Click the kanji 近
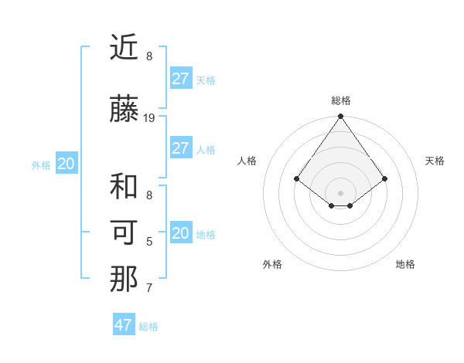[124, 49]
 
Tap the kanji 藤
[124, 110]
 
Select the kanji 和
[124, 188]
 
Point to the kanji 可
[124, 233]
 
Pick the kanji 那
[124, 280]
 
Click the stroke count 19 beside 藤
[150, 117]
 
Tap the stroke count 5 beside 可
[149, 242]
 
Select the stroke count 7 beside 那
[149, 288]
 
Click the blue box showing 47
[124, 325]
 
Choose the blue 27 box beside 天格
[181, 79]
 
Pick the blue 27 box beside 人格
[181, 148]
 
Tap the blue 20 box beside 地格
[181, 233]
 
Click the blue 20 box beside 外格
[67, 164]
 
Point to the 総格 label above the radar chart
[341, 100]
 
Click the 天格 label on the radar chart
[435, 161]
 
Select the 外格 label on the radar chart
[271, 264]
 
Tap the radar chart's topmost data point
[341, 117]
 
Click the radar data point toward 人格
[297, 179]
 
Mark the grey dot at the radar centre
[341, 192]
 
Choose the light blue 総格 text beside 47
[148, 327]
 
